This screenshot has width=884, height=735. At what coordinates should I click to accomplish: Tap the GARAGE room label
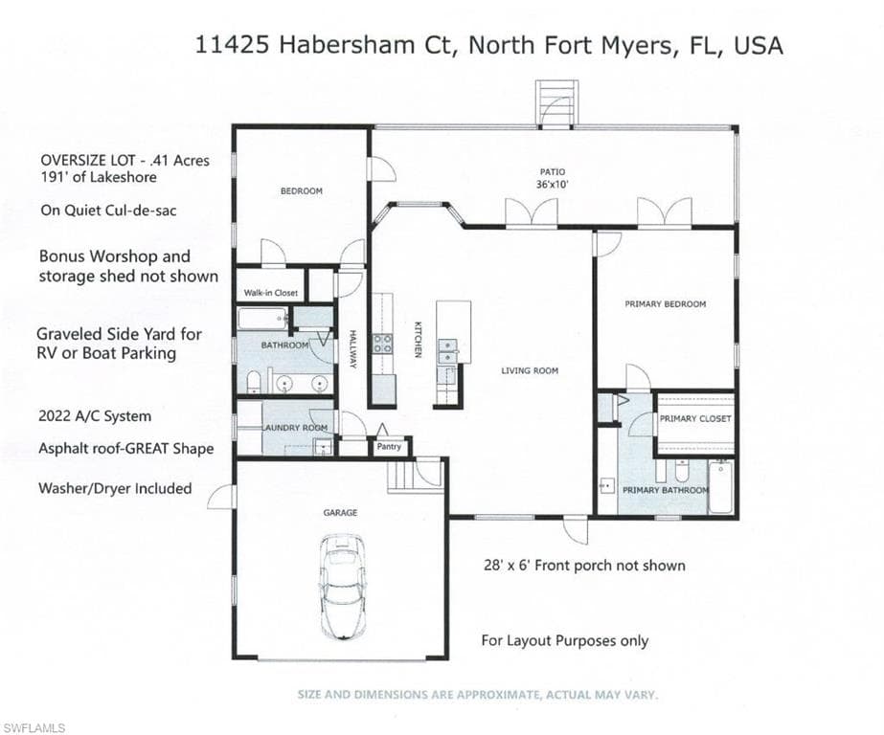coord(340,513)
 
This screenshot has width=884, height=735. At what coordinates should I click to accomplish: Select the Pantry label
coord(389,446)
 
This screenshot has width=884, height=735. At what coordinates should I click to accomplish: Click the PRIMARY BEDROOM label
coord(666,304)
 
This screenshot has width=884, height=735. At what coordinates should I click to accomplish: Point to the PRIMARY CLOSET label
coord(695,418)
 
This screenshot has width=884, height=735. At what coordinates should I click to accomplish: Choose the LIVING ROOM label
coord(530,370)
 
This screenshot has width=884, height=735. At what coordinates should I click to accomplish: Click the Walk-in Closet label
coord(271,293)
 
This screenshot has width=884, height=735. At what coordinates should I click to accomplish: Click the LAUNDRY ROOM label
coord(296,428)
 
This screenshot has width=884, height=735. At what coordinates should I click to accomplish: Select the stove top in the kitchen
coord(382,343)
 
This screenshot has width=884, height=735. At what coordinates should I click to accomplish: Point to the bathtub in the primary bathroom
coord(721,486)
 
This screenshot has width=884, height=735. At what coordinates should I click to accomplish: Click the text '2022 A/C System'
coord(95,416)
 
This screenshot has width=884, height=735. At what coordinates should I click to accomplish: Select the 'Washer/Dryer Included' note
coord(115,488)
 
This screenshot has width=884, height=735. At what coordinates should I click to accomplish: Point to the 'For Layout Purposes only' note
coord(564,640)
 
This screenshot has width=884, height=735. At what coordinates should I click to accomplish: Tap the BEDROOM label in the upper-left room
coord(301,191)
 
